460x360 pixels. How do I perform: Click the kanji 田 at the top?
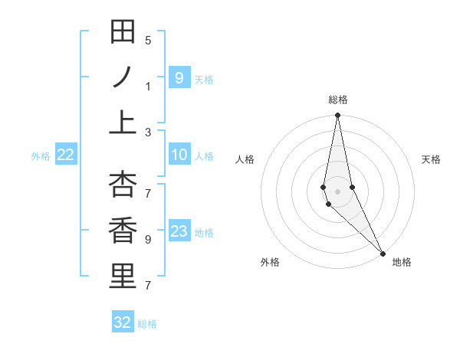coord(123,33)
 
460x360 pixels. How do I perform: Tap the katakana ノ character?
coord(123,77)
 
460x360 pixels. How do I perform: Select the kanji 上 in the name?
coord(123,122)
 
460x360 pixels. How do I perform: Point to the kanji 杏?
coord(123,186)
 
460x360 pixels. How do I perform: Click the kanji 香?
coord(123,231)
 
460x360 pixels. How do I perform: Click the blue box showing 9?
coord(179,77)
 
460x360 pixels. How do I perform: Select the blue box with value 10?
coord(179,155)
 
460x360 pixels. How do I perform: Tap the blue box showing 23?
coord(179,231)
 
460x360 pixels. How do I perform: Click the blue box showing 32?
coord(123,322)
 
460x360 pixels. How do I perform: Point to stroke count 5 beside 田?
coord(148,41)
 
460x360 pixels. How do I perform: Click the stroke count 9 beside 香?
coord(148,240)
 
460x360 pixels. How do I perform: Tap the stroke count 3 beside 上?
coord(148,132)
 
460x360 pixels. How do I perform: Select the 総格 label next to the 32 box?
coord(147,324)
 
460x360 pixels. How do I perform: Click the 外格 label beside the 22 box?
coord(41,156)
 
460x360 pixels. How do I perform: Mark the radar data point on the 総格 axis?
coord(337,116)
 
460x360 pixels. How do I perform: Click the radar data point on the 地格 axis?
coord(383,252)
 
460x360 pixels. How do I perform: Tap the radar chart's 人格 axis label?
coord(245,159)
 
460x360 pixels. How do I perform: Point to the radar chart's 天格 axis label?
coord(431,159)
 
